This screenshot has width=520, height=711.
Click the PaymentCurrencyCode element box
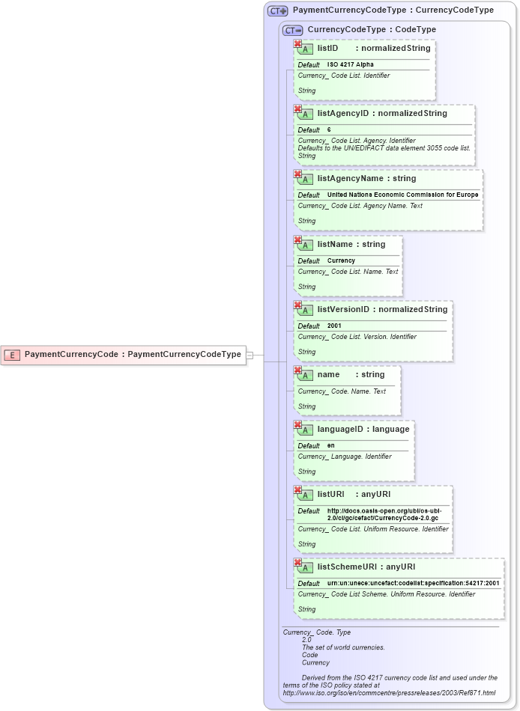[x=124, y=355]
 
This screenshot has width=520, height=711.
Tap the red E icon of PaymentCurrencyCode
[x=12, y=355]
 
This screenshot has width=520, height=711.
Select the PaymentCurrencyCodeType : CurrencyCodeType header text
[x=393, y=10]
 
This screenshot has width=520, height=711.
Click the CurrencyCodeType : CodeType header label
[x=371, y=30]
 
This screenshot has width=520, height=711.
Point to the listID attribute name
[x=327, y=48]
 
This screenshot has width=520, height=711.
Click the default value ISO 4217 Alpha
[x=350, y=65]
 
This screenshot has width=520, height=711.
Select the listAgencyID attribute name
[x=345, y=114]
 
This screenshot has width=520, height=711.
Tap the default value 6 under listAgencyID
[x=329, y=130]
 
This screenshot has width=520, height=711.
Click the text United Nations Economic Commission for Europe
[x=402, y=195]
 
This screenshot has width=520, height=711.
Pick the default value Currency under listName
[x=341, y=261]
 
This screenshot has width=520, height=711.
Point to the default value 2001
[x=334, y=326]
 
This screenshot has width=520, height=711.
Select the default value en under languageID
[x=330, y=446]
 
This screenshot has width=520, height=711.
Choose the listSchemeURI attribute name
[x=348, y=567]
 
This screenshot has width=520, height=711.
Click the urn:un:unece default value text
[x=413, y=584]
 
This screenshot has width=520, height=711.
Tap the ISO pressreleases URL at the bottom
[x=388, y=693]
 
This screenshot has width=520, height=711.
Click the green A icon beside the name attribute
[x=304, y=375]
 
